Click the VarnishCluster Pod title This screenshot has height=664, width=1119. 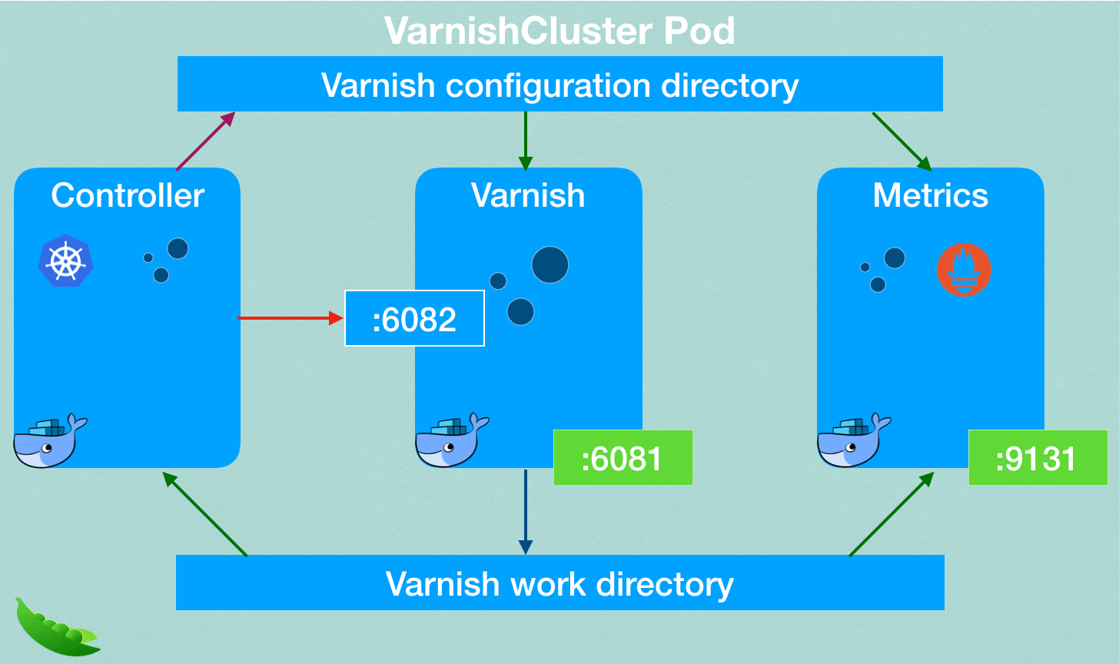pos(559,31)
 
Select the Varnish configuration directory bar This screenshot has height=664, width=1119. pos(559,85)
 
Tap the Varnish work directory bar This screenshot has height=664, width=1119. pos(559,583)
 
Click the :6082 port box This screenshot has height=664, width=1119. pos(414,319)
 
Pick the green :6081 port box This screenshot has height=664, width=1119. pos(623,458)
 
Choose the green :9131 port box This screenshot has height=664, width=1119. pos(1037,458)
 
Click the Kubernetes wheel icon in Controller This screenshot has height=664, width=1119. pos(66,261)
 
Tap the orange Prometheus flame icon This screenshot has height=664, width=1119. pos(964,270)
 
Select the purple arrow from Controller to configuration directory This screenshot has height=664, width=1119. pos(204,141)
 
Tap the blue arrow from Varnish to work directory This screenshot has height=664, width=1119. pos(525,511)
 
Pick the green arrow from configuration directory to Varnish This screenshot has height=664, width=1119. pos(525,141)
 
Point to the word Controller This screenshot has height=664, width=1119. pos(128,196)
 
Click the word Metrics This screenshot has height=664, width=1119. pos(930,196)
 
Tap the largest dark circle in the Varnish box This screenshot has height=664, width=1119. pos(550,265)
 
